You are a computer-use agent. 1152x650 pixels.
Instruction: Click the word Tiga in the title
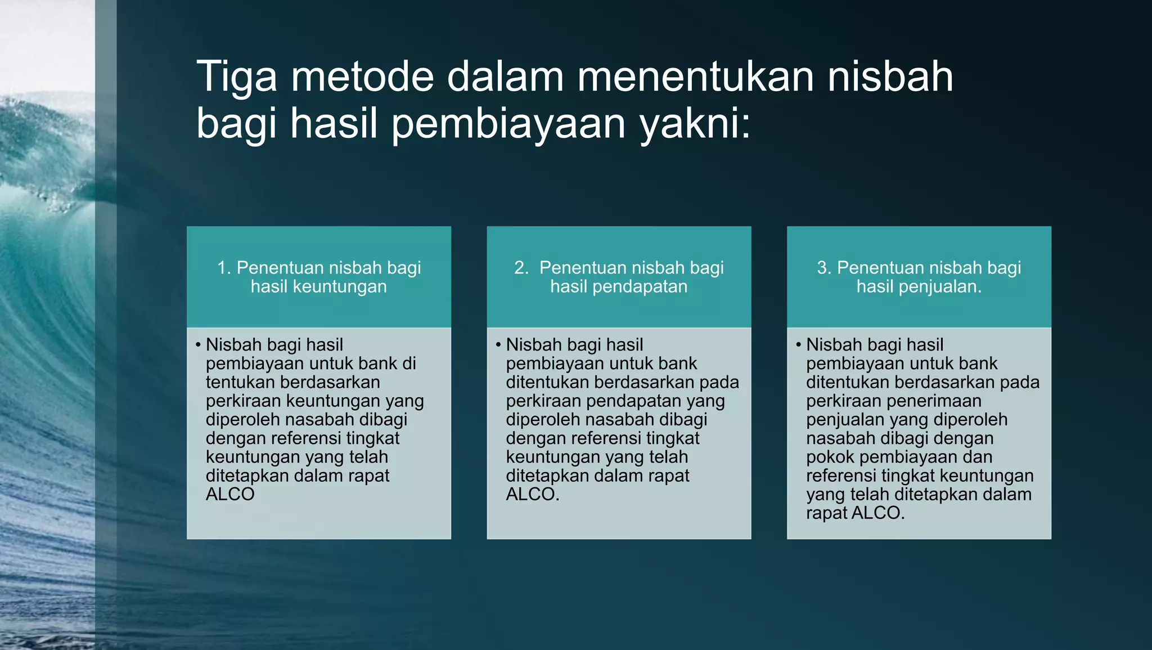click(236, 77)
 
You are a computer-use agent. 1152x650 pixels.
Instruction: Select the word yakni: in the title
click(695, 124)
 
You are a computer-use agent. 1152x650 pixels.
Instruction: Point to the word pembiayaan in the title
click(508, 124)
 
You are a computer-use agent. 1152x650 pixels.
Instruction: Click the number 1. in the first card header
click(224, 268)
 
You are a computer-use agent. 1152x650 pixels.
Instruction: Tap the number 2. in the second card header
click(521, 268)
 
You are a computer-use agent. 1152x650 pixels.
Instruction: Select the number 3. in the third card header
click(825, 268)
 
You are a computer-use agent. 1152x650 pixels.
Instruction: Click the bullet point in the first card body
click(198, 344)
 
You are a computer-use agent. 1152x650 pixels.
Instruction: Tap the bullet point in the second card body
click(498, 344)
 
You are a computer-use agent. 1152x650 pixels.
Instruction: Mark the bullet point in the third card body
click(799, 344)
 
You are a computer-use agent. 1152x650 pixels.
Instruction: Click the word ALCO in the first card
click(230, 495)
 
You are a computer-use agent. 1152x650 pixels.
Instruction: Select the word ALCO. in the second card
click(532, 495)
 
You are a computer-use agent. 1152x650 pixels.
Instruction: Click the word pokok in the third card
click(830, 457)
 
